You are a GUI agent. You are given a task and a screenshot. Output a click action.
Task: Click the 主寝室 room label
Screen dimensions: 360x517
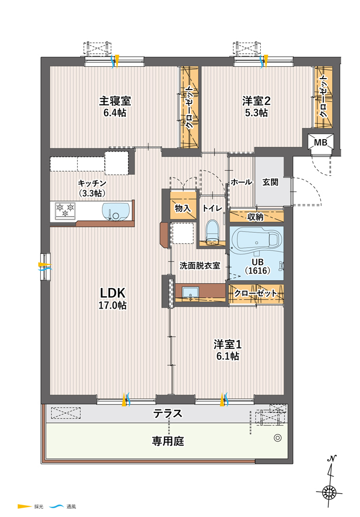tap(115, 101)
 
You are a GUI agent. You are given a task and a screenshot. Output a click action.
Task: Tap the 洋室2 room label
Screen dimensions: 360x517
tap(257, 101)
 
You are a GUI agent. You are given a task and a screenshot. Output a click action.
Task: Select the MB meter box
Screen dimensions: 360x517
tap(320, 143)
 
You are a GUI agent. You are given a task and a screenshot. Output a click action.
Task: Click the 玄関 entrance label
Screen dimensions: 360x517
tap(270, 182)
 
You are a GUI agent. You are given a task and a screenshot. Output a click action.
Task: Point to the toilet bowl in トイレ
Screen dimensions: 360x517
tap(213, 231)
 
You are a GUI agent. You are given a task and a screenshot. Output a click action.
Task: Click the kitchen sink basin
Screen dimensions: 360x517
tap(115, 211)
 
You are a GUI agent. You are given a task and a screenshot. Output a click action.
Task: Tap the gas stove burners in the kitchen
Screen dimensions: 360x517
tap(65, 211)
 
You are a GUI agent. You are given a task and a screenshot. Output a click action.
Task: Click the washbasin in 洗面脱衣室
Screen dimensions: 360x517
tap(190, 293)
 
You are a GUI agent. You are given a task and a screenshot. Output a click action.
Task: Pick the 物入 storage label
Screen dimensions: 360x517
tap(183, 208)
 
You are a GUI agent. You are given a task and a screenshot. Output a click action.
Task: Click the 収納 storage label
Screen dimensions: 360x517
tap(256, 217)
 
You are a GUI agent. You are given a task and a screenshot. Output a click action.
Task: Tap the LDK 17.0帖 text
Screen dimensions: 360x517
tap(113, 298)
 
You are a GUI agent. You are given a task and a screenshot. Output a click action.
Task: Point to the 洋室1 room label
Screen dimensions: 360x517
tap(228, 344)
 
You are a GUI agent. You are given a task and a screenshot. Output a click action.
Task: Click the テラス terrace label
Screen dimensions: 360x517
tap(168, 413)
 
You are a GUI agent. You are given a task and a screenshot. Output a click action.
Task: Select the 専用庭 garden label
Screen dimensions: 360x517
tap(168, 441)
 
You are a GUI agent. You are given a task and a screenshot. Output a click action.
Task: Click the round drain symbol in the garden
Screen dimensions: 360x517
tap(278, 438)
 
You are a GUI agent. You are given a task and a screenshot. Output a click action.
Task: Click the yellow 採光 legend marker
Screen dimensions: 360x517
tap(24, 506)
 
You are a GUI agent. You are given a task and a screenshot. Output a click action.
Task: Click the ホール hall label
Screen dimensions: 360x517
tap(241, 182)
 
